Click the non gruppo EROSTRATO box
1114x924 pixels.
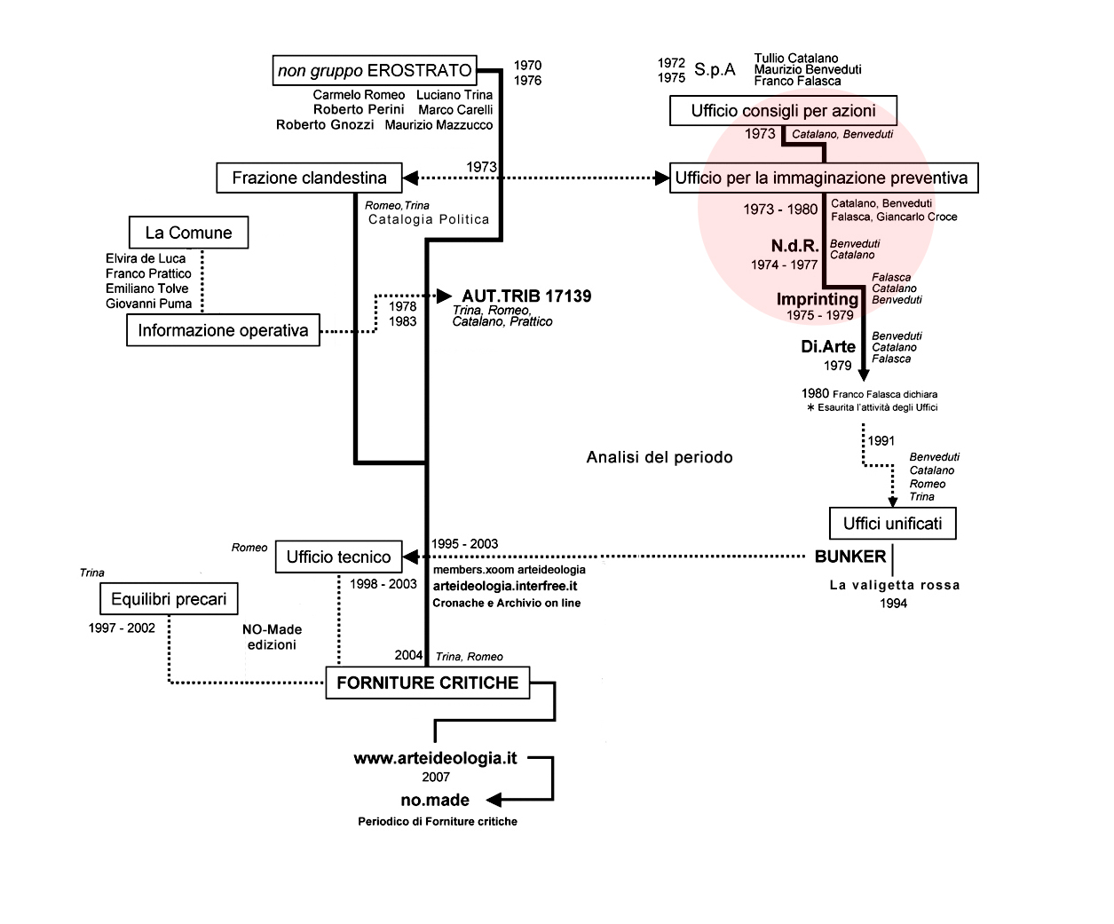tap(375, 70)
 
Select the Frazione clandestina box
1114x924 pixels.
tap(310, 178)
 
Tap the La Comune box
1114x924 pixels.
tap(188, 233)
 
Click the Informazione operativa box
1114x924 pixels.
tap(223, 330)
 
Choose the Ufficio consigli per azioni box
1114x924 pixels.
tap(783, 111)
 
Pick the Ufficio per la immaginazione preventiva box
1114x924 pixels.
tap(824, 178)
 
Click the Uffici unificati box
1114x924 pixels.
tap(893, 524)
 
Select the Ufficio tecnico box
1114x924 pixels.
tap(339, 557)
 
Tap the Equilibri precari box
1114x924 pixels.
tap(169, 599)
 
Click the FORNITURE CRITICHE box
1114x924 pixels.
tap(427, 683)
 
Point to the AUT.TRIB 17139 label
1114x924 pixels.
tap(526, 296)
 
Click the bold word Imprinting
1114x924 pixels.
tap(817, 299)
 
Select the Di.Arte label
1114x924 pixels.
tap(828, 347)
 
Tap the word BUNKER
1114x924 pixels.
tap(849, 557)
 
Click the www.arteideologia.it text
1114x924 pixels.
tap(435, 758)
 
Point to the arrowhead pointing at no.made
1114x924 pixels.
tap(494, 800)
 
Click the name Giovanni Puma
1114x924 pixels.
tap(148, 304)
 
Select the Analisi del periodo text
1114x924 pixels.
tap(660, 457)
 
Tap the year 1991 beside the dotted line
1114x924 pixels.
tap(881, 440)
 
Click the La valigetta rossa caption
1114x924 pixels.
tap(895, 585)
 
